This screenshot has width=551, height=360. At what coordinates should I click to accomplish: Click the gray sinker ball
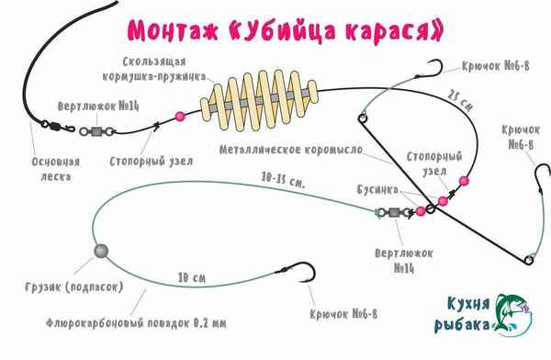(x=99, y=250)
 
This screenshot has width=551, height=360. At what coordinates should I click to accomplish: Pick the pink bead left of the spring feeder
(x=179, y=116)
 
